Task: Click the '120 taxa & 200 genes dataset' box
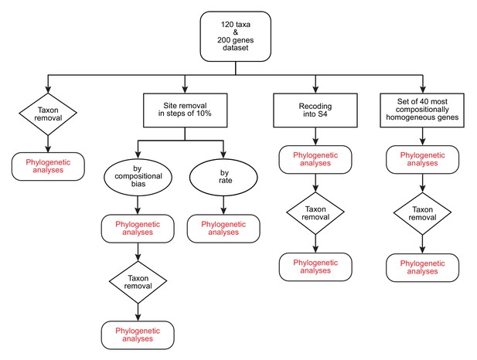pyautogui.click(x=236, y=36)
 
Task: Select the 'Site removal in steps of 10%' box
pyautogui.click(x=185, y=110)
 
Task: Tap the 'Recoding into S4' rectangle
pyautogui.click(x=315, y=110)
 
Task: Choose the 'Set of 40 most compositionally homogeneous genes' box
pyautogui.click(x=422, y=110)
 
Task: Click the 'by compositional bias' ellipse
pyautogui.click(x=138, y=177)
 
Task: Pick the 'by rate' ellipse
pyautogui.click(x=223, y=177)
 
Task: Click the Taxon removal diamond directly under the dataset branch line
pyautogui.click(x=48, y=114)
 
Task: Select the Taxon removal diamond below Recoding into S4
pyautogui.click(x=315, y=213)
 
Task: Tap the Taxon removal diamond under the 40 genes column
pyautogui.click(x=422, y=213)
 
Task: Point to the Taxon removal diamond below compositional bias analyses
pyautogui.click(x=138, y=282)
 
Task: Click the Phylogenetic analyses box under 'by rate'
pyautogui.click(x=223, y=229)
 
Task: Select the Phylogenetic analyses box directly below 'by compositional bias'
pyautogui.click(x=138, y=229)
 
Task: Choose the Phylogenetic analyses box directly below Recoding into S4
pyautogui.click(x=315, y=160)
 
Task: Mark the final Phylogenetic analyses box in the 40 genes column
pyautogui.click(x=423, y=267)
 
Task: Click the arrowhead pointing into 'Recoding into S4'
pyautogui.click(x=315, y=89)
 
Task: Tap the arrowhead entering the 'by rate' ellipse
pyautogui.click(x=223, y=155)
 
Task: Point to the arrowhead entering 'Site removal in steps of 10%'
pyautogui.click(x=185, y=89)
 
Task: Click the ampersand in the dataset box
pyautogui.click(x=236, y=32)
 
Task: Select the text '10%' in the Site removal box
pyautogui.click(x=203, y=114)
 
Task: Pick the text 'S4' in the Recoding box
pyautogui.click(x=322, y=114)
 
